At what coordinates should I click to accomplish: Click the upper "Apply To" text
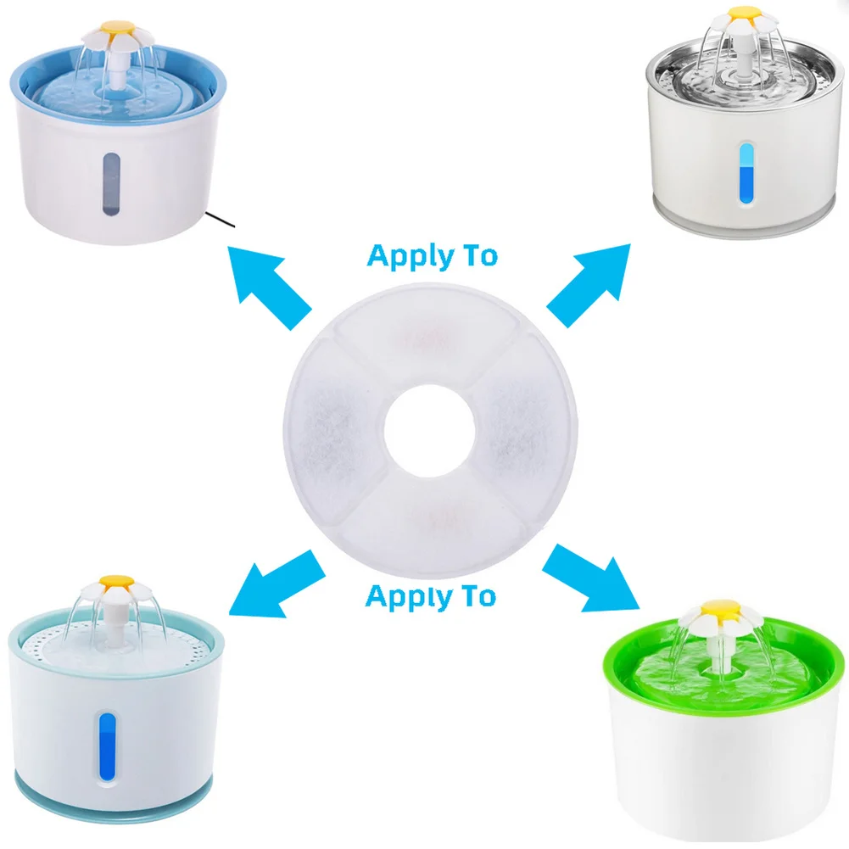click(x=432, y=255)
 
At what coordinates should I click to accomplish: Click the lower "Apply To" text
click(x=430, y=596)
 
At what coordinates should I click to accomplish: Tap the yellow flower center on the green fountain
click(x=714, y=610)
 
